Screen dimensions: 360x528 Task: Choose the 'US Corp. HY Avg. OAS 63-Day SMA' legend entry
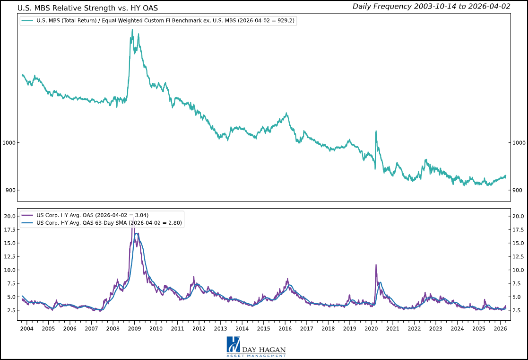109,222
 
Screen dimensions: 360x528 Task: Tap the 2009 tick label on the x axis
134,328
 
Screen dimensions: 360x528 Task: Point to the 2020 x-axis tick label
371,328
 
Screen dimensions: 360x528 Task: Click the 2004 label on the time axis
26,328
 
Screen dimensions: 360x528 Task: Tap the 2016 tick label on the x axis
285,328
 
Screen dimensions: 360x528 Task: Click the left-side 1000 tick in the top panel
10,143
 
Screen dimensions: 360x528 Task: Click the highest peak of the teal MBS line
132,30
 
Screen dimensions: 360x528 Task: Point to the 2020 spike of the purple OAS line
376,265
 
